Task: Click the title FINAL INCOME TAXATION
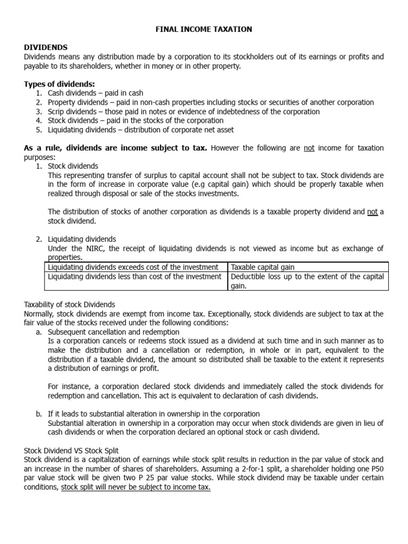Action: [203, 29]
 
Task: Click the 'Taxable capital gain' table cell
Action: [262, 267]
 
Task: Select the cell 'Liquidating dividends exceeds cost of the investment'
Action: [133, 267]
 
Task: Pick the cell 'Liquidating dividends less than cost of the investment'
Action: [134, 277]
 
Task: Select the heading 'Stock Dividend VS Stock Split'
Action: [71, 450]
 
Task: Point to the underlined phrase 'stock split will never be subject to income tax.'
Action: [135, 487]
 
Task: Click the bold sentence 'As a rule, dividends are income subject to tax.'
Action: [116, 148]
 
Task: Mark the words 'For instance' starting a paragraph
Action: [66, 386]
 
